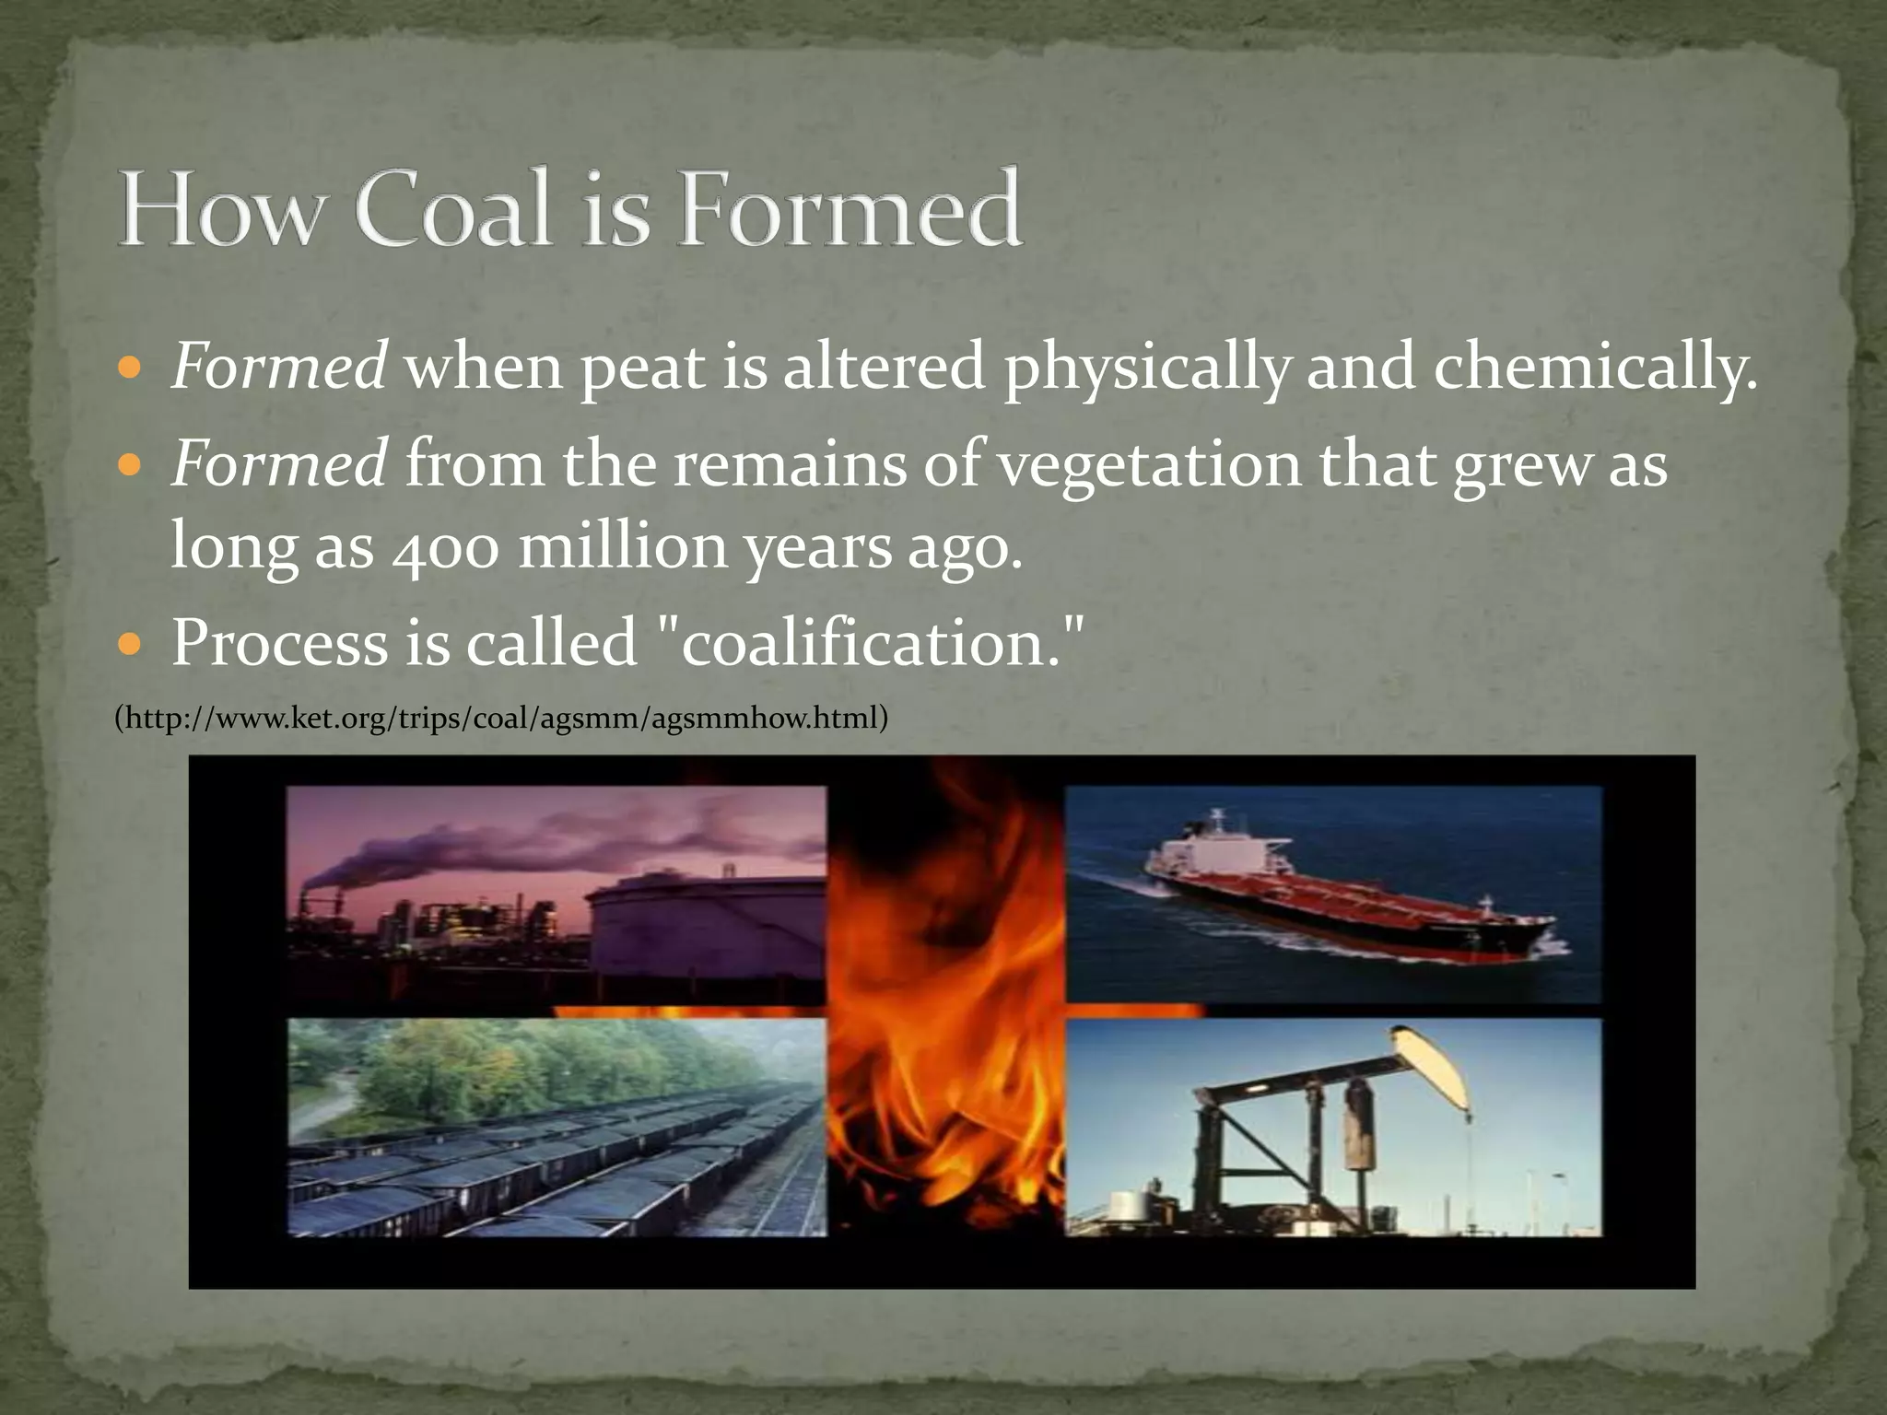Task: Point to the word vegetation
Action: (x=1149, y=465)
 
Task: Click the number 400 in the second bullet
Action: (x=445, y=547)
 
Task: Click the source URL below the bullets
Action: (x=501, y=718)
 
